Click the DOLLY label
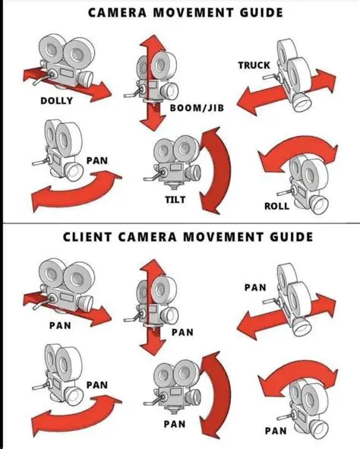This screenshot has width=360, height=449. click(x=57, y=100)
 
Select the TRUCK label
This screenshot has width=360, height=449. click(x=254, y=65)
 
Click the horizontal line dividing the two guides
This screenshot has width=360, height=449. click(x=180, y=223)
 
